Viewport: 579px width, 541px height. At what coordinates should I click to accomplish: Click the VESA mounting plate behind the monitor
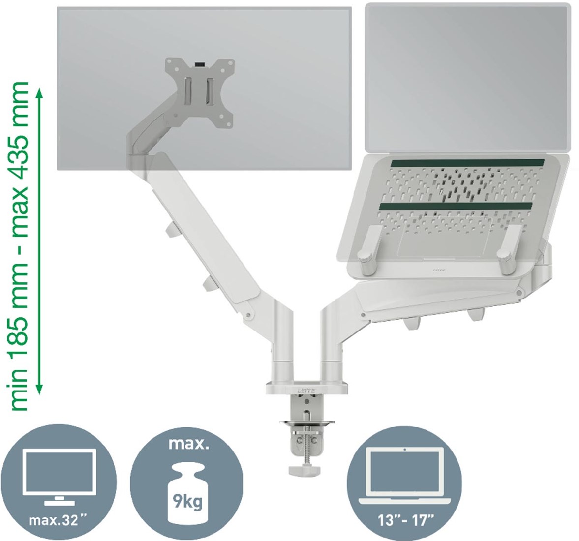[200, 93]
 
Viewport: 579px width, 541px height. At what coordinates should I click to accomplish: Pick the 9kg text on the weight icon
[187, 501]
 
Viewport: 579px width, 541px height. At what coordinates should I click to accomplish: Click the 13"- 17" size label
[405, 521]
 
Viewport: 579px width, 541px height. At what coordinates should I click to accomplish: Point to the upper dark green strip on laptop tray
[463, 163]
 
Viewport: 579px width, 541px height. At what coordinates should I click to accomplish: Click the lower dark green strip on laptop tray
[456, 207]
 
